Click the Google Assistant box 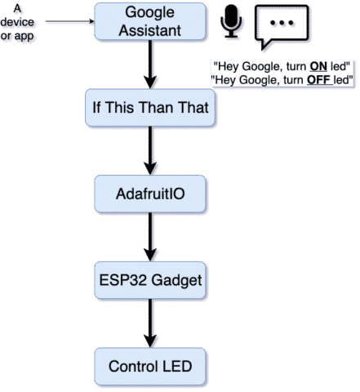pos(150,21)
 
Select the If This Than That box pos(150,108)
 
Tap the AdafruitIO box pos(150,194)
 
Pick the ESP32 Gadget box pos(150,280)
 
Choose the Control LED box pos(150,367)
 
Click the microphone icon pos(231,21)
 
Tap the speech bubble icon pos(282,27)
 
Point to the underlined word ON pos(318,66)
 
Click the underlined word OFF pos(319,80)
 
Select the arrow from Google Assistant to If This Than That pos(150,65)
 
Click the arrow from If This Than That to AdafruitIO pos(150,150)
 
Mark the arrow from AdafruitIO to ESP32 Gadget pos(150,237)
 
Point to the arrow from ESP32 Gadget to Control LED pos(150,323)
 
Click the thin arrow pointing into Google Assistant pos(69,21)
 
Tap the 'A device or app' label pos(17,22)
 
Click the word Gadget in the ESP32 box pos(176,281)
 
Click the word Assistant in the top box pos(150,30)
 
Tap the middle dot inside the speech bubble pos(282,23)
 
